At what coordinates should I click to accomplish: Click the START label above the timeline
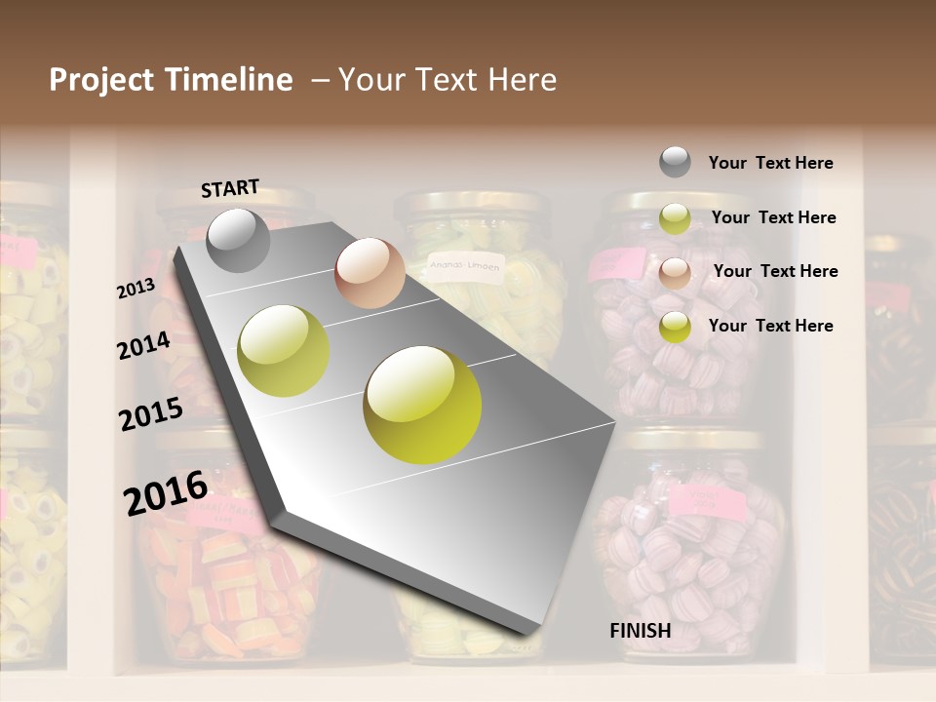tap(230, 188)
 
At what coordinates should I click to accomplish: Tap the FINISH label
tap(641, 631)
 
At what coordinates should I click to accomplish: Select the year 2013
tap(136, 290)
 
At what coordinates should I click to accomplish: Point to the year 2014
tap(143, 346)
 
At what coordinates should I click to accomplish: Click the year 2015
tap(151, 414)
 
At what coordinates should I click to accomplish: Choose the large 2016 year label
tap(166, 492)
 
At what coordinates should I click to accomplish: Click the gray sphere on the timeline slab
tap(238, 240)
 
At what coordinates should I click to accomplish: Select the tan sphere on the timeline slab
tap(370, 273)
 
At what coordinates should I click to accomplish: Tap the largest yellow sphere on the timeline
tap(422, 405)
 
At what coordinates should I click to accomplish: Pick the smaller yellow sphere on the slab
tap(284, 351)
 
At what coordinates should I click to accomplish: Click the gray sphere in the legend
tap(675, 162)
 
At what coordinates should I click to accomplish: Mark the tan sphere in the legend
tap(675, 272)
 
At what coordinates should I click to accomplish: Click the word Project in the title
tap(102, 80)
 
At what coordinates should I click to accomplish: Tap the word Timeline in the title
tap(230, 80)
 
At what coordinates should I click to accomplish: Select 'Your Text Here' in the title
tap(448, 80)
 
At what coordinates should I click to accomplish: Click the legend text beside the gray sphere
tap(770, 163)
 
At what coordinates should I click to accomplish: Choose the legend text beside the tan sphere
tap(775, 271)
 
